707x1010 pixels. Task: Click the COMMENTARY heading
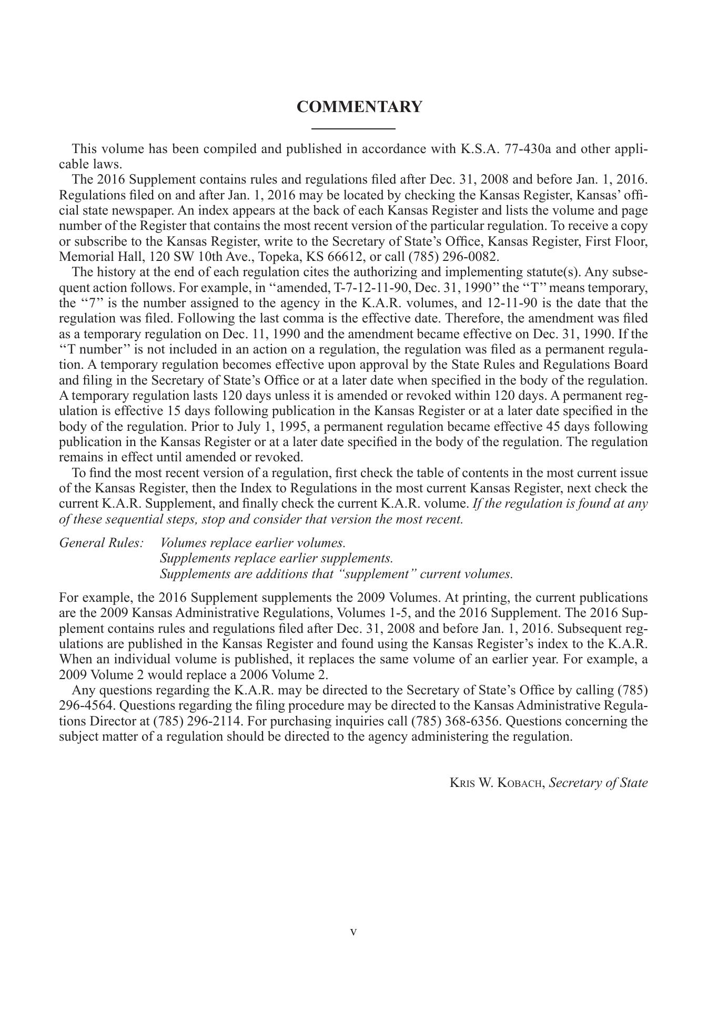[359, 107]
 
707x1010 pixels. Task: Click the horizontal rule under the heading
[353, 128]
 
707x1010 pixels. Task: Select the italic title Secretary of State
[598, 783]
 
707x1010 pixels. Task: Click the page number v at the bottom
[353, 932]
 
